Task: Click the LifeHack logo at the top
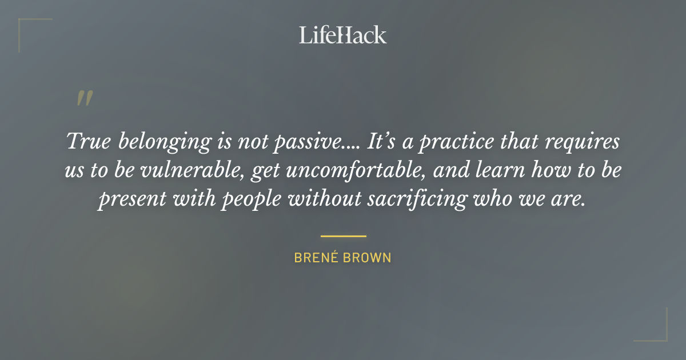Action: tap(343, 35)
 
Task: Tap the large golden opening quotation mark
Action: tap(85, 98)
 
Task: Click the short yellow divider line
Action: tap(343, 235)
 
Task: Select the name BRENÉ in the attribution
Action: tap(316, 258)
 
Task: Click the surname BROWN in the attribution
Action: tap(368, 258)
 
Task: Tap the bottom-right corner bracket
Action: tap(657, 331)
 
